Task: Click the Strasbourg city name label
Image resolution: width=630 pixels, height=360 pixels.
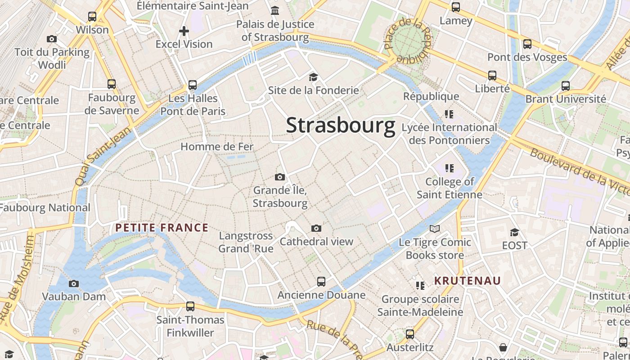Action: click(x=341, y=125)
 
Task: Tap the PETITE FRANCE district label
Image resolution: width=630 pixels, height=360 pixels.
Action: click(x=162, y=228)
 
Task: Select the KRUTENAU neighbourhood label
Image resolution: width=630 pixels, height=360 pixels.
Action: click(x=467, y=281)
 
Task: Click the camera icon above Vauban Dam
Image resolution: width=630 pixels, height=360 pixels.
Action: click(x=74, y=283)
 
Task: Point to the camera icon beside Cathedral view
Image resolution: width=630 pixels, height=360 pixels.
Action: click(x=316, y=229)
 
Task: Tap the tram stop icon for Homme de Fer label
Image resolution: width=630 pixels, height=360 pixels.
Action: click(x=217, y=147)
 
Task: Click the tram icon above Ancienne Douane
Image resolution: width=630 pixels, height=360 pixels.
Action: click(x=321, y=282)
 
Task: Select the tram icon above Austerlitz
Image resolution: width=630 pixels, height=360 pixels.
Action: click(x=410, y=334)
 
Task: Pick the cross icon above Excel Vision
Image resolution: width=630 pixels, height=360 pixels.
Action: click(x=184, y=31)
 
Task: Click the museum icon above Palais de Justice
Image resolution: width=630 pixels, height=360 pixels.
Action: click(x=275, y=10)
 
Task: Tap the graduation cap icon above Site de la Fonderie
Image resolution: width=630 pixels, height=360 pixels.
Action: click(x=313, y=77)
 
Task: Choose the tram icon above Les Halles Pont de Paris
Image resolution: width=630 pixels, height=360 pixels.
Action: click(x=193, y=85)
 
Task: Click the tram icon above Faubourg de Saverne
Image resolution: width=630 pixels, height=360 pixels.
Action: click(x=112, y=84)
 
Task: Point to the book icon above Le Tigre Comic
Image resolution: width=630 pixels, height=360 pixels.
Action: click(x=435, y=229)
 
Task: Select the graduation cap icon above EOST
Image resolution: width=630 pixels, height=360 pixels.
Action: click(x=514, y=232)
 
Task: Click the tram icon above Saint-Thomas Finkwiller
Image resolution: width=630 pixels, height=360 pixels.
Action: click(x=190, y=306)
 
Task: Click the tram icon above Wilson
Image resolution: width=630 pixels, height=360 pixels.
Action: click(x=92, y=17)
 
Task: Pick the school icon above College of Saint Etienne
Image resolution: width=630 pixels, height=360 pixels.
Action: click(x=449, y=168)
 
